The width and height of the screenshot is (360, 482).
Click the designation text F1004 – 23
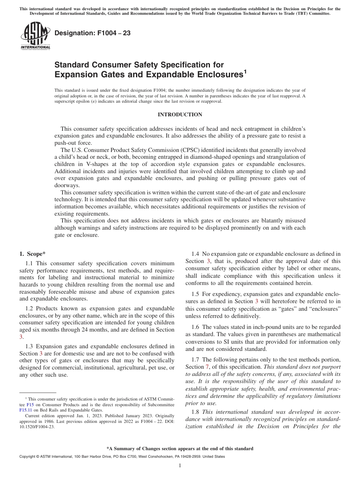click(92, 33)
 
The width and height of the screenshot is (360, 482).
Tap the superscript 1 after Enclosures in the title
click(245, 71)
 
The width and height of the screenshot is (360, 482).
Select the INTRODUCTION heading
click(180, 115)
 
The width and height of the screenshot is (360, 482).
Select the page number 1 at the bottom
click(180, 466)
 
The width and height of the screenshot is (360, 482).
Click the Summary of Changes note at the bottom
click(180, 449)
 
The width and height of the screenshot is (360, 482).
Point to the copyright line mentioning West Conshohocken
click(122, 457)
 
